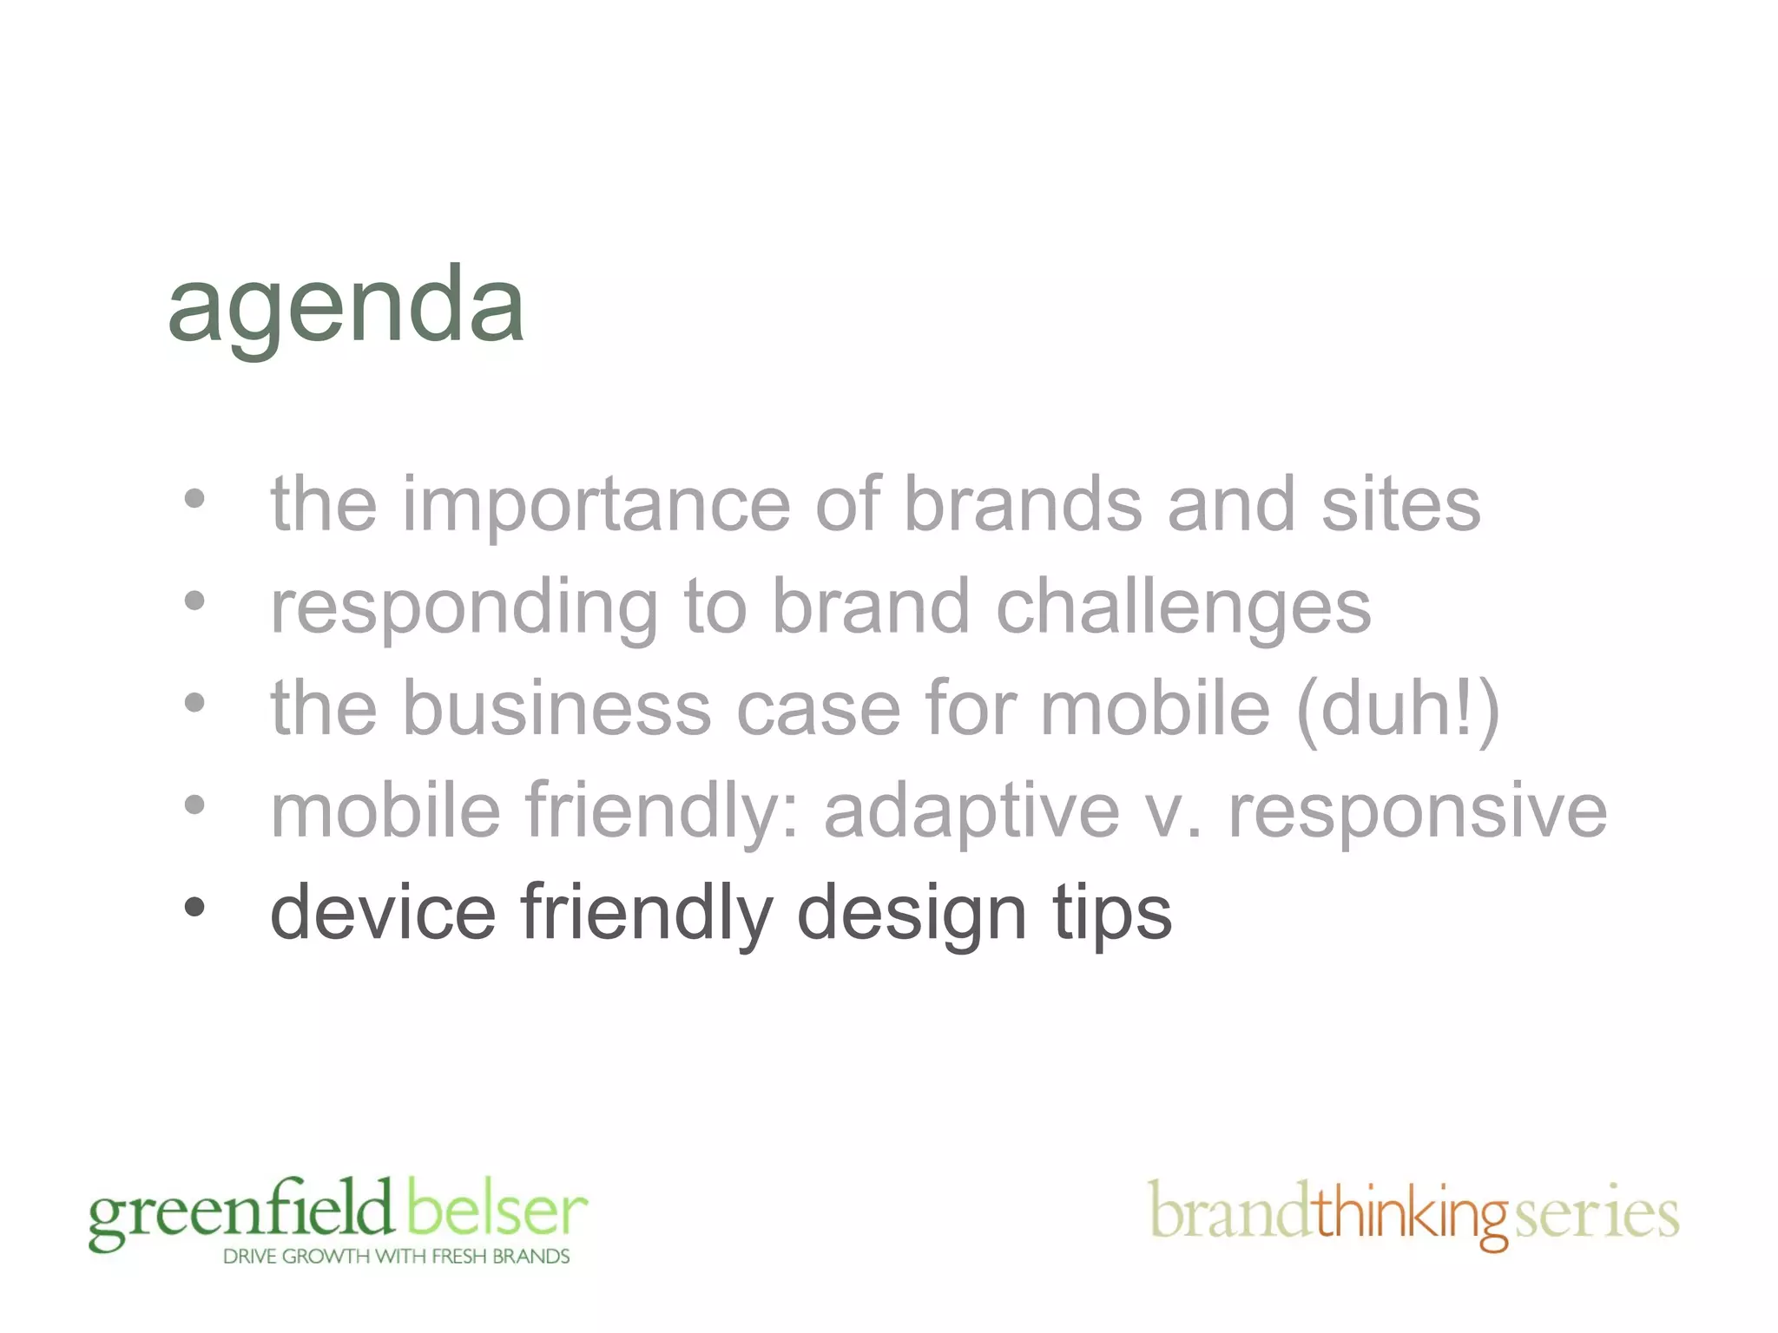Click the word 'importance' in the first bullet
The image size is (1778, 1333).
coord(596,505)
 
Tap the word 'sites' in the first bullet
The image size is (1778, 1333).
coord(1400,505)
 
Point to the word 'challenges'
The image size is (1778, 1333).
coord(1183,607)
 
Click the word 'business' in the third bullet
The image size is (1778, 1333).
coord(556,709)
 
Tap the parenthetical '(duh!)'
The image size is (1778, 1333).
coord(1398,709)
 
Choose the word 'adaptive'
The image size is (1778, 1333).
coord(971,811)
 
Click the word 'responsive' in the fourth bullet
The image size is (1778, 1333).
coord(1418,811)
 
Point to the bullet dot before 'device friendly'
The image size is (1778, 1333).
coord(194,908)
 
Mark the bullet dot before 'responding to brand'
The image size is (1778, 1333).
coord(194,601)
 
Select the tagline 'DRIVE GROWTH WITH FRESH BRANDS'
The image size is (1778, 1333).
coord(396,1257)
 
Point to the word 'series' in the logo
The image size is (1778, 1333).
coord(1597,1213)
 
